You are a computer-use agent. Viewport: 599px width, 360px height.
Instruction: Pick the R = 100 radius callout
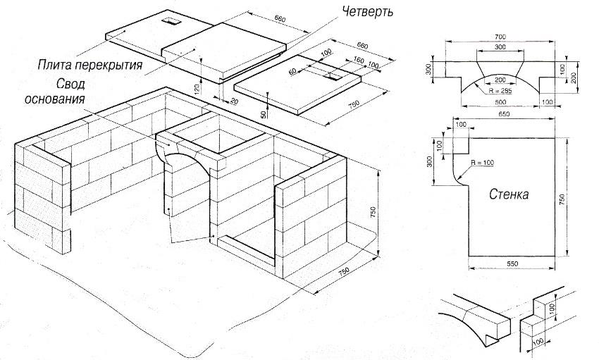[471, 161]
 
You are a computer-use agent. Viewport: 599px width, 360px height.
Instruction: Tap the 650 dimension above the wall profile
[504, 114]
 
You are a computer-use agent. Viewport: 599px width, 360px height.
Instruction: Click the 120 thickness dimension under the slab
[198, 89]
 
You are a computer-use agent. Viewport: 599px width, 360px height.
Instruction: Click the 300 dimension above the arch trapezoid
[500, 47]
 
